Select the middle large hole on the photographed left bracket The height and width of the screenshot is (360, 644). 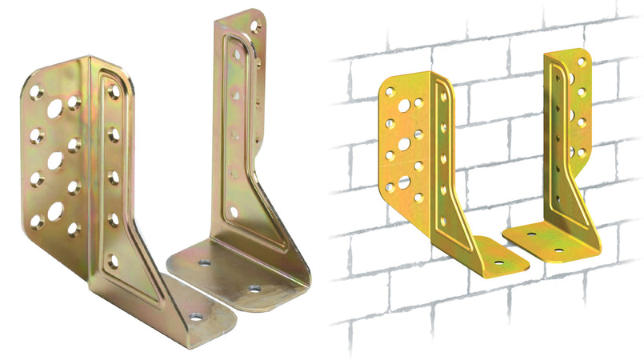(55, 161)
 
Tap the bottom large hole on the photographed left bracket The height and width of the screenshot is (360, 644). (55, 213)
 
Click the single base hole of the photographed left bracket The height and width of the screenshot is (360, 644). (195, 317)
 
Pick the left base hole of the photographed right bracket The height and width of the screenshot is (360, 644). (205, 262)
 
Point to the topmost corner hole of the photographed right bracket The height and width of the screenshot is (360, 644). (255, 26)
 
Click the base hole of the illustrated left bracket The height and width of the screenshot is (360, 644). (499, 262)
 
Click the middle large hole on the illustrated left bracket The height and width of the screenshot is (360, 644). (404, 144)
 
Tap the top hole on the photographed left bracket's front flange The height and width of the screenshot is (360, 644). (114, 93)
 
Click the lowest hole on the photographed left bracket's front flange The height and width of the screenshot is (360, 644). (113, 261)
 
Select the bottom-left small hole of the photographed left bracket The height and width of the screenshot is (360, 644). (36, 222)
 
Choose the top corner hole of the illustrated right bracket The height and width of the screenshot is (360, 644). (582, 62)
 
